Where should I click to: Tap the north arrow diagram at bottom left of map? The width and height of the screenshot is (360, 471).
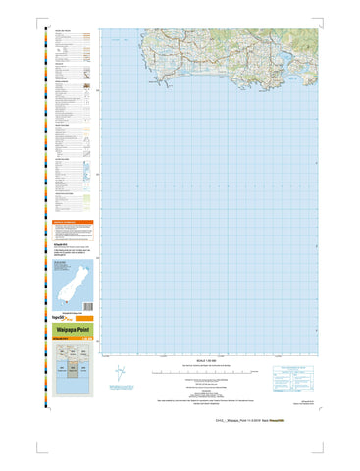120,375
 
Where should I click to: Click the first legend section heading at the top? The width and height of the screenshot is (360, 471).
61,31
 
